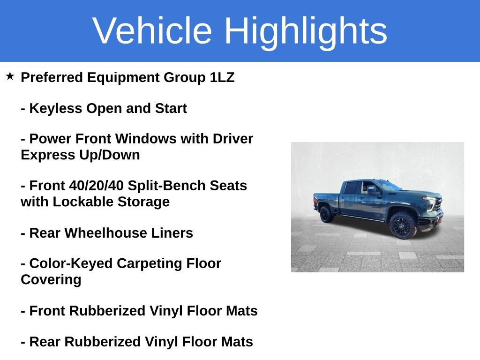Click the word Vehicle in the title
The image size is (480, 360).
[152, 31]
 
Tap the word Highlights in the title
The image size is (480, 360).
[306, 31]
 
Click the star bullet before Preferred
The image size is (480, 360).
[10, 76]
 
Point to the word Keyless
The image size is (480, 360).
[56, 108]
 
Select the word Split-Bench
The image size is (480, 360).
[167, 186]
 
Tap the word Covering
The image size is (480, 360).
[51, 279]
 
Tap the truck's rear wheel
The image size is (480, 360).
[326, 214]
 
